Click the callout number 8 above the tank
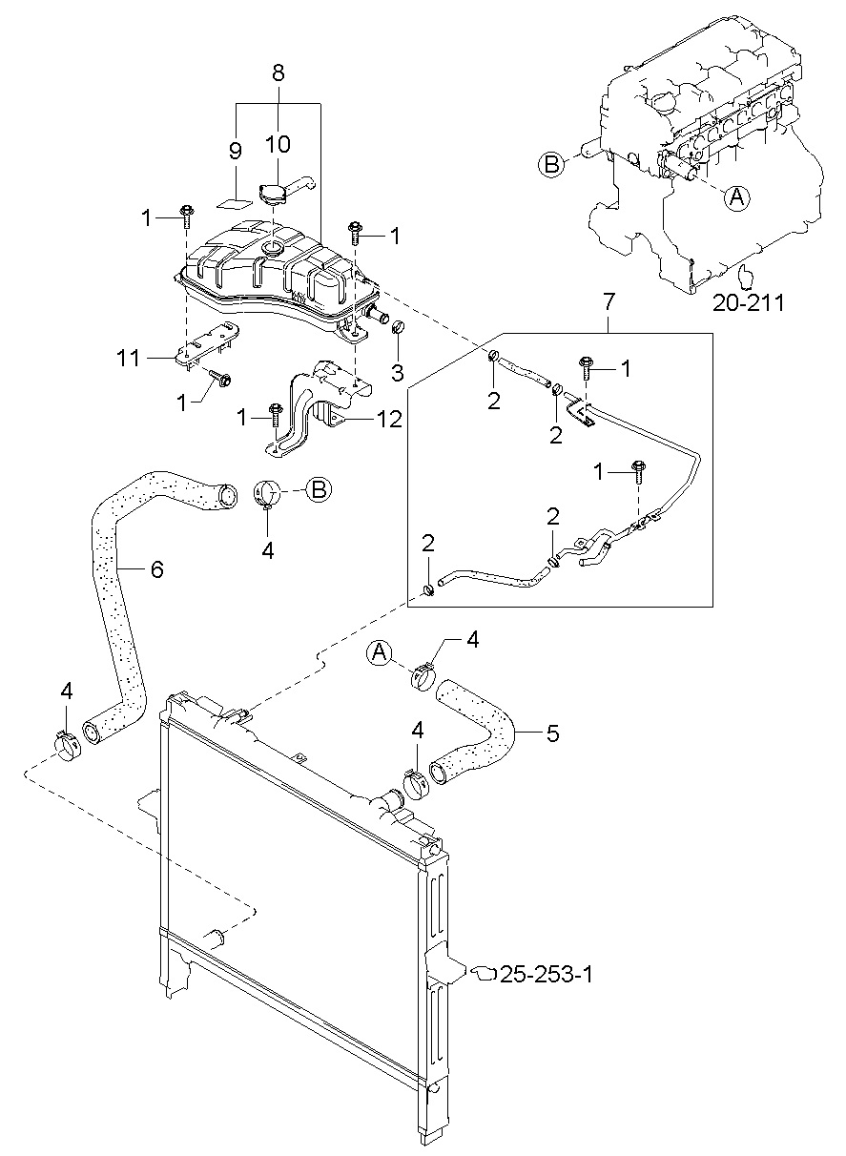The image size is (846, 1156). click(279, 72)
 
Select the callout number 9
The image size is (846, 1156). click(235, 151)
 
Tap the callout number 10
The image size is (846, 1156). click(279, 143)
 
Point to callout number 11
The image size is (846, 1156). click(129, 358)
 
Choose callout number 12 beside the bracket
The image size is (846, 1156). click(389, 419)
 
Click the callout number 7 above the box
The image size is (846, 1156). click(609, 301)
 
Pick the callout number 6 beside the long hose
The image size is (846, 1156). click(156, 568)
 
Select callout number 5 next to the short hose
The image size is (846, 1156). click(553, 733)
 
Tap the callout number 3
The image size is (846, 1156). click(397, 373)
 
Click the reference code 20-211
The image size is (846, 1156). click(748, 303)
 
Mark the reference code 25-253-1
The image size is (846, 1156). click(547, 975)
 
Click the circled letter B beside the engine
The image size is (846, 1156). click(552, 165)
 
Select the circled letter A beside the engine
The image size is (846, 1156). click(737, 197)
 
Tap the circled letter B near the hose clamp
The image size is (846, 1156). click(319, 489)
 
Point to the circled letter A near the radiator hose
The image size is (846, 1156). click(380, 652)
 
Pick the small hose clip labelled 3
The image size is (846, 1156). click(399, 328)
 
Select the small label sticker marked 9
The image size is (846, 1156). click(234, 202)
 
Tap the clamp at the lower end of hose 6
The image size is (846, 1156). click(67, 745)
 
